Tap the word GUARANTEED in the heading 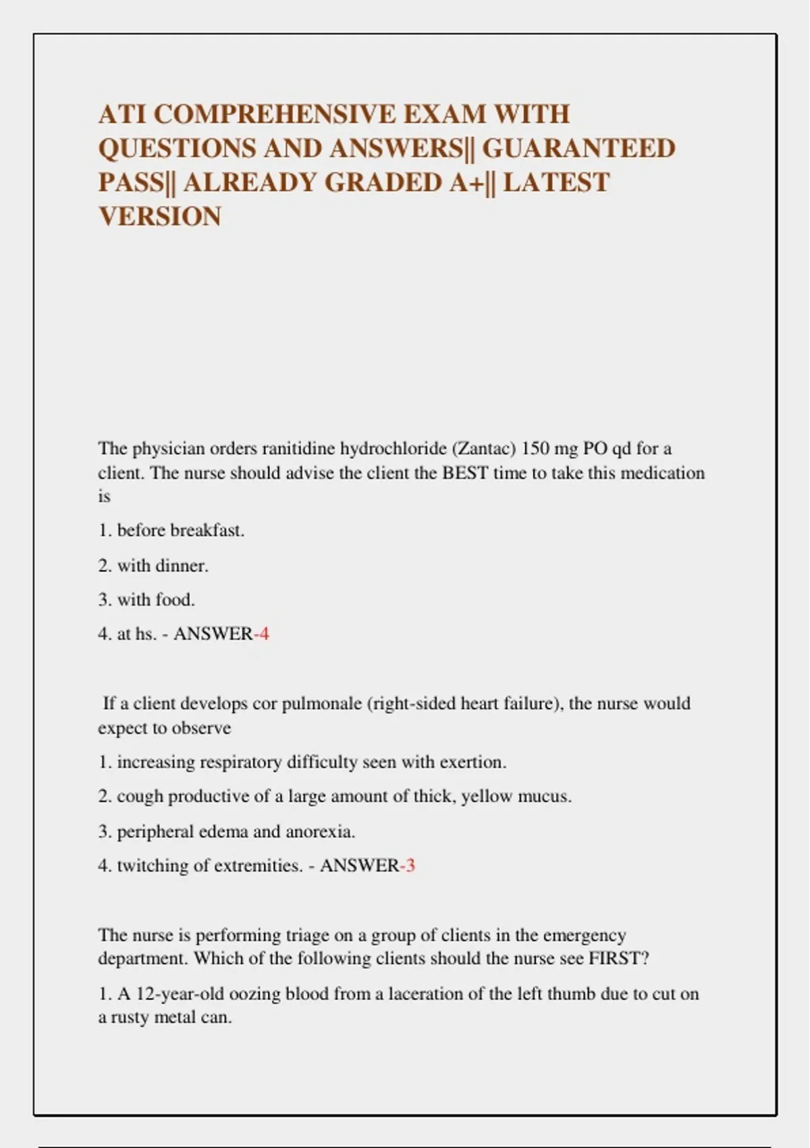click(x=578, y=149)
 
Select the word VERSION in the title click(x=160, y=217)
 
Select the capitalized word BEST click(x=465, y=473)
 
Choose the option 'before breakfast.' click(x=180, y=531)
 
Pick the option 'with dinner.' click(x=163, y=566)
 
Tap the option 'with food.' click(x=156, y=600)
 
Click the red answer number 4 click(x=264, y=634)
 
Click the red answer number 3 click(x=410, y=866)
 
